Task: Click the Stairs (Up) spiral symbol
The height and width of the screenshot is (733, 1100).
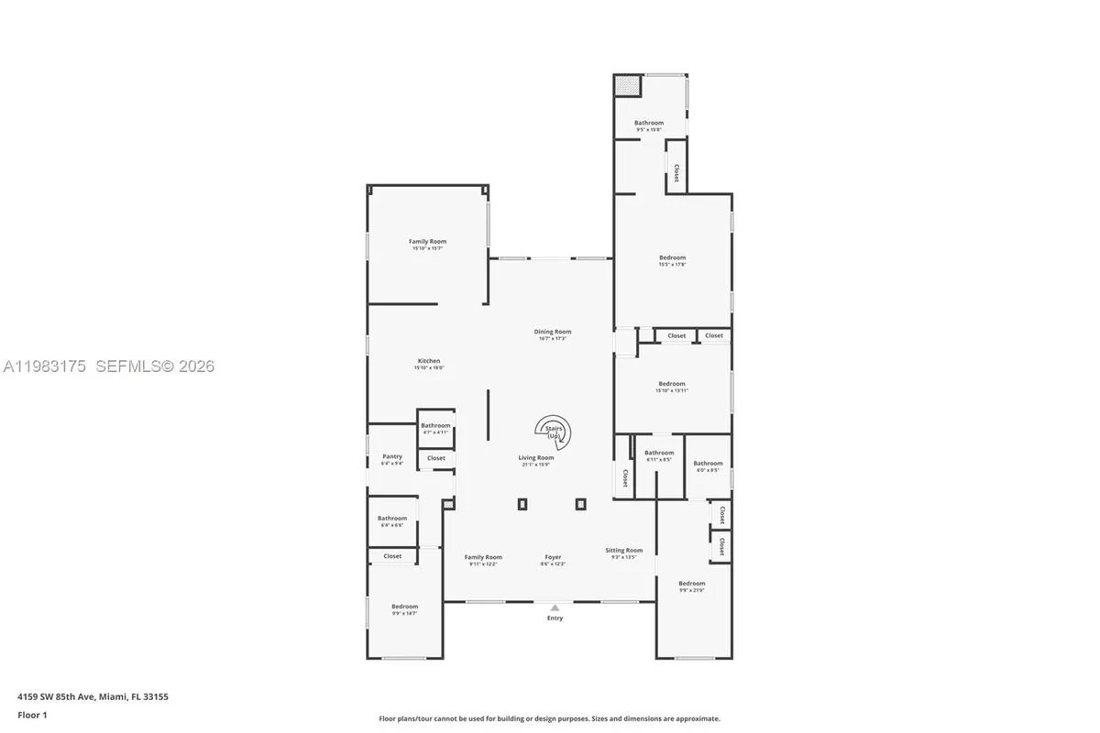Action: pos(554,432)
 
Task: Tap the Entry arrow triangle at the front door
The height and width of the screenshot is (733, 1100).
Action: pos(554,607)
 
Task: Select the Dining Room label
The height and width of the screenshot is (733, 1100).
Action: pos(553,332)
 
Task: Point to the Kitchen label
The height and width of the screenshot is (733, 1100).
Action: pos(429,361)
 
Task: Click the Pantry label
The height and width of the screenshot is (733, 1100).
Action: pos(392,456)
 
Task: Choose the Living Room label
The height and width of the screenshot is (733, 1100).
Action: pos(536,458)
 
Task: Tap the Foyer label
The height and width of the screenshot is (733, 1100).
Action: pos(553,557)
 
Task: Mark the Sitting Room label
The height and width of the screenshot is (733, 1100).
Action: pos(624,551)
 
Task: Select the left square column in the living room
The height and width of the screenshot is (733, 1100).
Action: pos(522,503)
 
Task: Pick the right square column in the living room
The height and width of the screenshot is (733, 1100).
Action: pos(580,503)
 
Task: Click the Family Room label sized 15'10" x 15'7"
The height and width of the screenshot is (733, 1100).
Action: pos(427,242)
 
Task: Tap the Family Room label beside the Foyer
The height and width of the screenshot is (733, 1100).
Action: pos(483,557)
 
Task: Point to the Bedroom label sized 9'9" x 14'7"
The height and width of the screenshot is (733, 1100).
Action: pos(404,607)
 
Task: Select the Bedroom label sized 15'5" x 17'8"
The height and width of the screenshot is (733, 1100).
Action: pos(672,257)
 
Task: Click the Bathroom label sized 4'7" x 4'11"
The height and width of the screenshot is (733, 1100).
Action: pos(435,425)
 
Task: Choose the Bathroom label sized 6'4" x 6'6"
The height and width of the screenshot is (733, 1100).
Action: pos(391,519)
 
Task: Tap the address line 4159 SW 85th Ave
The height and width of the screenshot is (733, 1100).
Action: pos(92,696)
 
